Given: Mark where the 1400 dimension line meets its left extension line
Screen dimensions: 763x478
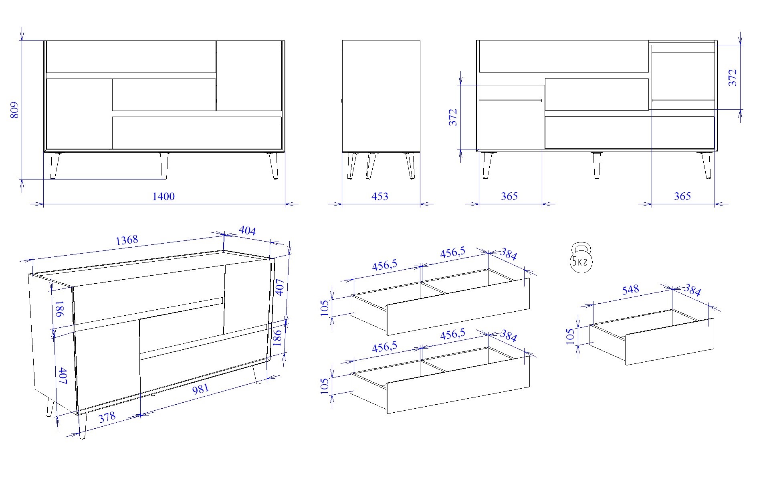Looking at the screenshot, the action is pyautogui.click(x=43, y=204).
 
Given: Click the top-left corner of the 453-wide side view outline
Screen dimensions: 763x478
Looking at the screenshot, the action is pyautogui.click(x=342, y=40).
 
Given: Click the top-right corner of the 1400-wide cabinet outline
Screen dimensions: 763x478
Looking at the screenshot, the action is pyautogui.click(x=285, y=40).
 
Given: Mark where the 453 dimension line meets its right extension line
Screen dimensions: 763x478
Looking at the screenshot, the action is pyautogui.click(x=420, y=204).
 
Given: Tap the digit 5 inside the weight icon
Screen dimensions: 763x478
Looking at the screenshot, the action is pyautogui.click(x=575, y=262).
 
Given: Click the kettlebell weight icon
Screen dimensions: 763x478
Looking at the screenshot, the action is pyautogui.click(x=581, y=258).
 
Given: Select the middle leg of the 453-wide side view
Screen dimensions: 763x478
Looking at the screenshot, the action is pyautogui.click(x=371, y=165).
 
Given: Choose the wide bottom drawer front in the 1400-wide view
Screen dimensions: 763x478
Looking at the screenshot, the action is pyautogui.click(x=197, y=133).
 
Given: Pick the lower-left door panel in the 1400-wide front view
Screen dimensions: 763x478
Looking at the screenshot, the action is pyautogui.click(x=79, y=114).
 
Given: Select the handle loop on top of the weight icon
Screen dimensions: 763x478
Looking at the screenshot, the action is pyautogui.click(x=581, y=247).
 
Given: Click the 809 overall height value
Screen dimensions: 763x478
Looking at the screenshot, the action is pyautogui.click(x=14, y=110).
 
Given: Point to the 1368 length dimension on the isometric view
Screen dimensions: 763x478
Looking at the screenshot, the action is pyautogui.click(x=127, y=240).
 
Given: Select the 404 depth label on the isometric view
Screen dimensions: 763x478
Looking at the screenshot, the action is pyautogui.click(x=247, y=230).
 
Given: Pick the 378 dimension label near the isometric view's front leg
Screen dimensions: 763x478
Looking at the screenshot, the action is pyautogui.click(x=107, y=417).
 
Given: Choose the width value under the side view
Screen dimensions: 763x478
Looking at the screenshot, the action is pyautogui.click(x=379, y=196).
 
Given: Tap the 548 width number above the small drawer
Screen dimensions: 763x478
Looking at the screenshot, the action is pyautogui.click(x=630, y=289).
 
